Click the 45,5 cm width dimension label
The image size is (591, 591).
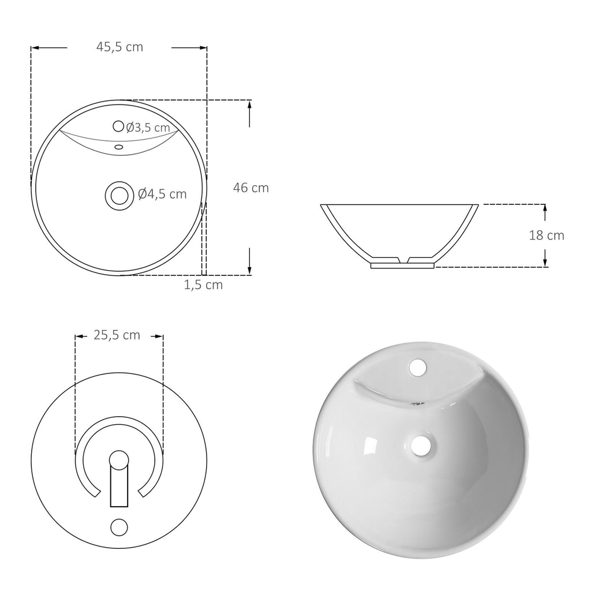point(119,47)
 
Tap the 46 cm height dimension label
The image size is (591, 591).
point(250,188)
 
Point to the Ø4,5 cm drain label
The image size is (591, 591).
point(162,194)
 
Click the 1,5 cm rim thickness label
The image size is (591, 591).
point(203,285)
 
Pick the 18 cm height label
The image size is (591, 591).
point(547,235)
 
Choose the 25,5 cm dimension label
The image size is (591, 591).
point(117,335)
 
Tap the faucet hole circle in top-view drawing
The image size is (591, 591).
point(118,126)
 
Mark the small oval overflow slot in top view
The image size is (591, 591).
point(119,147)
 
